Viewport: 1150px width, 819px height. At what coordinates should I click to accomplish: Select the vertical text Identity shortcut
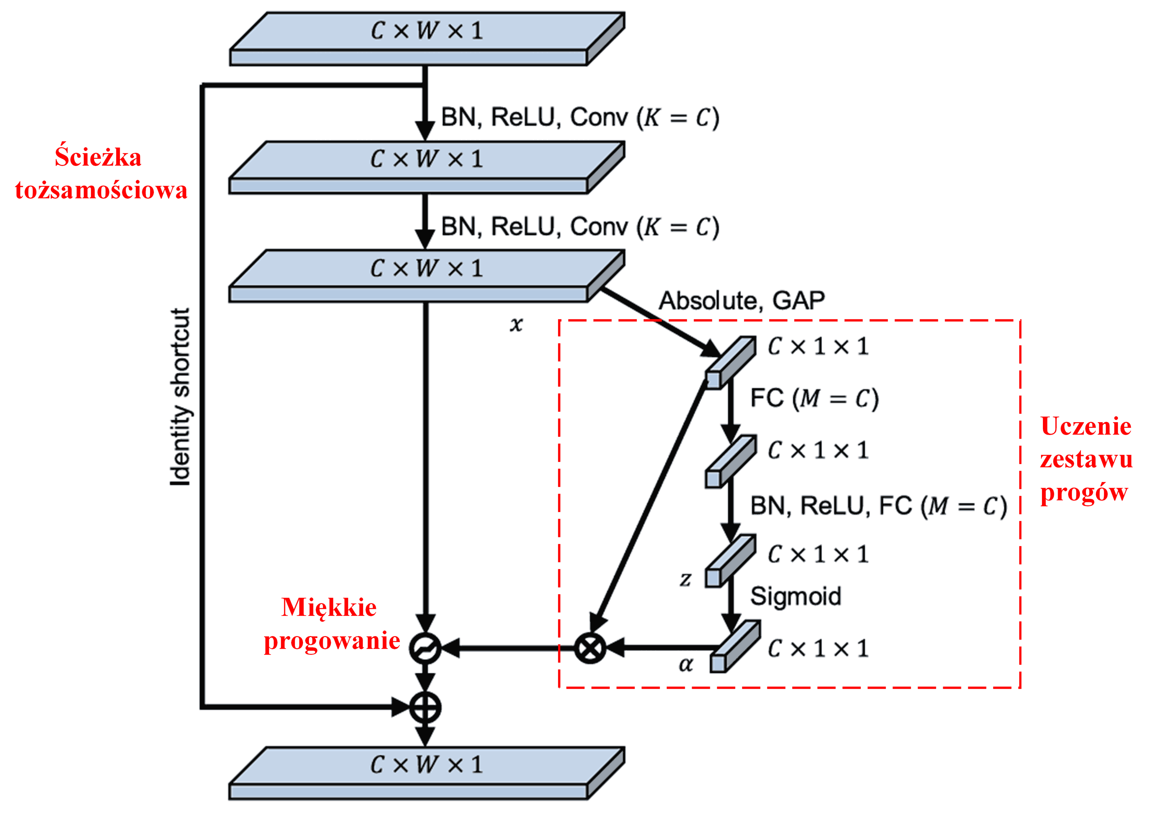point(180,397)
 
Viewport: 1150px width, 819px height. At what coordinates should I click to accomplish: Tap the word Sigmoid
point(796,596)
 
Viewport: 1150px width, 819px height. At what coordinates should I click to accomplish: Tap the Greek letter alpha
point(685,664)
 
